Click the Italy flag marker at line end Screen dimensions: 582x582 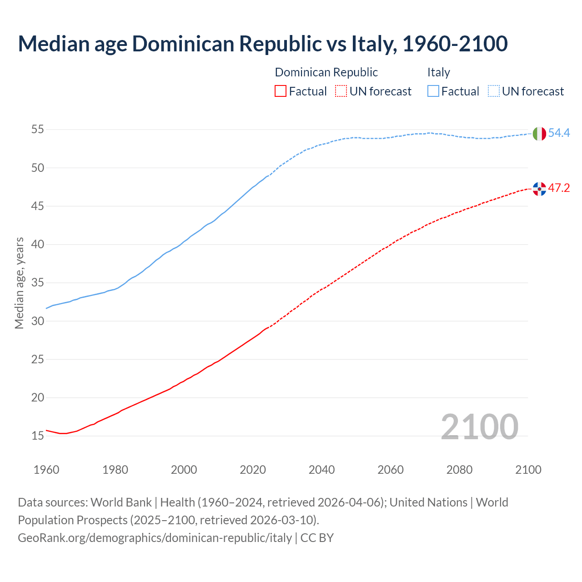pyautogui.click(x=539, y=134)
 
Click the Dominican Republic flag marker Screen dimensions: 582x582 pyautogui.click(x=539, y=189)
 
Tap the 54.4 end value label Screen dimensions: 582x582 pyautogui.click(x=559, y=133)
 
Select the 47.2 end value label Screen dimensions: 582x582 pyautogui.click(x=559, y=188)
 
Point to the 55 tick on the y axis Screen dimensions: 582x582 pyautogui.click(x=37, y=130)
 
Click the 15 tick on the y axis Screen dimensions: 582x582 pyautogui.click(x=37, y=436)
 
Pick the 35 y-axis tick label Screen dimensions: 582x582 pyautogui.click(x=37, y=283)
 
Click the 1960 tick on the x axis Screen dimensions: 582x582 pyautogui.click(x=46, y=470)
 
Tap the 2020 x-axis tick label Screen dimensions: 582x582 pyautogui.click(x=253, y=470)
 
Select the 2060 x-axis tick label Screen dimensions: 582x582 pyautogui.click(x=391, y=470)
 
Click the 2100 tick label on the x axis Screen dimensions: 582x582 pyautogui.click(x=528, y=470)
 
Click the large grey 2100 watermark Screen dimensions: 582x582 pyautogui.click(x=479, y=426)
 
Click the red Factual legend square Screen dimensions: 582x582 pyautogui.click(x=281, y=91)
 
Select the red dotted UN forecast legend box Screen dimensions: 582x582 pyautogui.click(x=341, y=91)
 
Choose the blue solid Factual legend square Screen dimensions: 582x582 pyautogui.click(x=433, y=91)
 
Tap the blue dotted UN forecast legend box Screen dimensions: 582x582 pyautogui.click(x=494, y=91)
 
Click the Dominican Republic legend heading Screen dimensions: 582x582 pyautogui.click(x=326, y=72)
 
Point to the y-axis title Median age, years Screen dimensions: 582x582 pyautogui.click(x=19, y=283)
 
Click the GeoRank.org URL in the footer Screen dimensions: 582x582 pyautogui.click(x=155, y=537)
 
